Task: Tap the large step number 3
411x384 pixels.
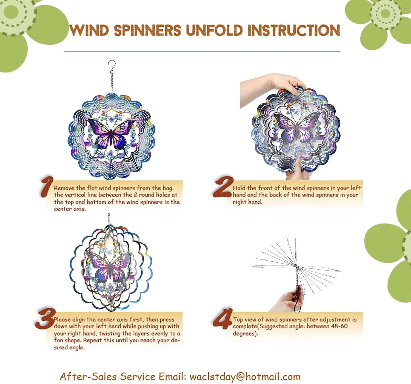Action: tap(45, 319)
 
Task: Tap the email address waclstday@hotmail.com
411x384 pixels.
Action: tap(245, 377)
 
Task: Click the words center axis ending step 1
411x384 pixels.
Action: tap(70, 209)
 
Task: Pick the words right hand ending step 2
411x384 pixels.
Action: tap(247, 202)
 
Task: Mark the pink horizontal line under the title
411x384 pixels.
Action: tap(202, 51)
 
